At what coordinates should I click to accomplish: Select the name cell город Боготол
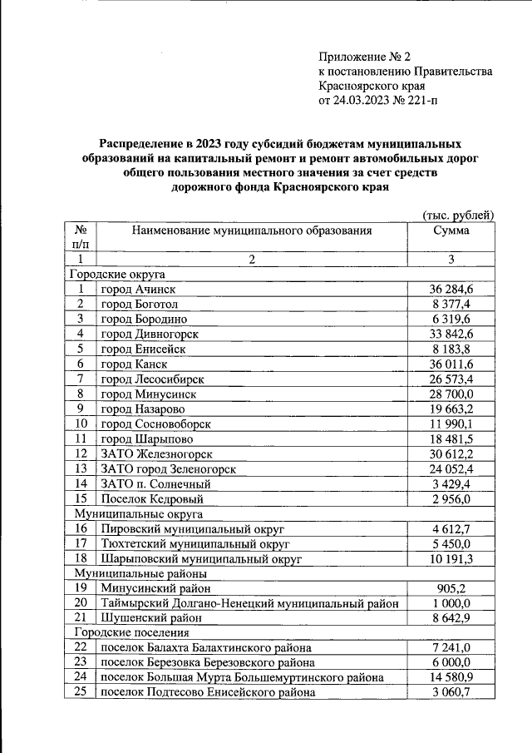(134, 304)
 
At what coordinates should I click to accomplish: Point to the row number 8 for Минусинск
(81, 394)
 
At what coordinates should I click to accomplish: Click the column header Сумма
(451, 230)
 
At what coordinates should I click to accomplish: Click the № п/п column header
(81, 236)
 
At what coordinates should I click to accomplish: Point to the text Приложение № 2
(365, 57)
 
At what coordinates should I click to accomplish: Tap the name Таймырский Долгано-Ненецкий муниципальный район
(250, 603)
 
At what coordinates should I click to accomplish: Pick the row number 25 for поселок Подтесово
(81, 692)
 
